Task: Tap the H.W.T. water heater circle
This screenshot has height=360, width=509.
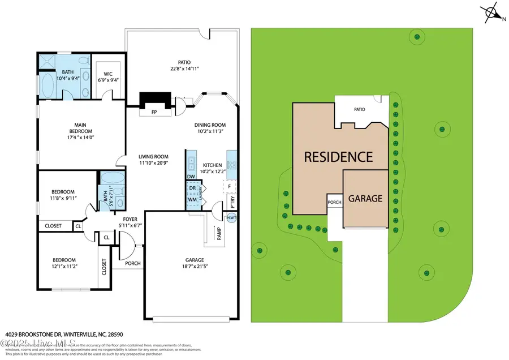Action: click(x=231, y=218)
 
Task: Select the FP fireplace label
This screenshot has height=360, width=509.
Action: click(x=154, y=112)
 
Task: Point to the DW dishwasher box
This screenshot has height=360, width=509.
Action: click(x=191, y=177)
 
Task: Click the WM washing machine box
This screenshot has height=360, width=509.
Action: click(x=192, y=199)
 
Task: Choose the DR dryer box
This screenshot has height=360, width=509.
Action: click(x=192, y=188)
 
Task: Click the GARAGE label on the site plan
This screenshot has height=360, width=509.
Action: click(x=365, y=199)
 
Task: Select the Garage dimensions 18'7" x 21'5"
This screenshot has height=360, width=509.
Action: click(x=192, y=266)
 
